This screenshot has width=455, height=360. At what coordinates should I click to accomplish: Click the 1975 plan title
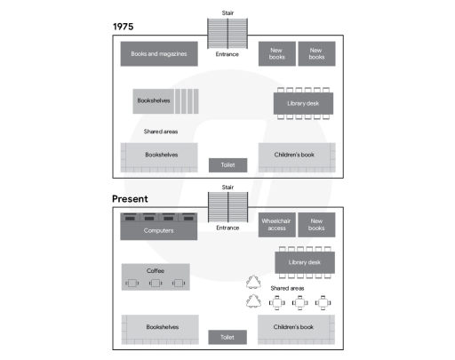(x=124, y=27)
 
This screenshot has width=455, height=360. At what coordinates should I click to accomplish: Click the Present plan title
(x=130, y=199)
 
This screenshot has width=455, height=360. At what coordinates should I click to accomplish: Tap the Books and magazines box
(x=158, y=54)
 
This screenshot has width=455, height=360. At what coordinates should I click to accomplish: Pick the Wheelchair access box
(x=276, y=226)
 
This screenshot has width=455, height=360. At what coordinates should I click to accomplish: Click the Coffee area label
(x=156, y=269)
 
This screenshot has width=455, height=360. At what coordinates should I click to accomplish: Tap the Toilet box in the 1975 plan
(x=227, y=165)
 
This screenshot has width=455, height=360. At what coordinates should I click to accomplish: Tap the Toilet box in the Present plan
(x=227, y=338)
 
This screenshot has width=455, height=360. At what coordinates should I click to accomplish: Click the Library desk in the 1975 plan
(x=304, y=103)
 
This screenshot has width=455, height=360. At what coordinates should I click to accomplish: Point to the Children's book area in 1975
(x=295, y=156)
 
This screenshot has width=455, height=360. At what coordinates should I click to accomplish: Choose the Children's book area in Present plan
(x=295, y=328)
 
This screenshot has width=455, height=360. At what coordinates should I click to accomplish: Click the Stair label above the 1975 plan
(x=227, y=13)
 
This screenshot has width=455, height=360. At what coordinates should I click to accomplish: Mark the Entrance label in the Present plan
(x=227, y=228)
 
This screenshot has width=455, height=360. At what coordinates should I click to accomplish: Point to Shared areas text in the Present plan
(x=289, y=289)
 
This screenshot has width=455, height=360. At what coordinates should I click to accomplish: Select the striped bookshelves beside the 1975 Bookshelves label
(x=186, y=101)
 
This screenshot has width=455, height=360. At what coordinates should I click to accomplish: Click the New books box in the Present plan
(x=315, y=226)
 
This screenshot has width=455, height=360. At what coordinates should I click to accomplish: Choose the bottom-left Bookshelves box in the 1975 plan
(x=160, y=156)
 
